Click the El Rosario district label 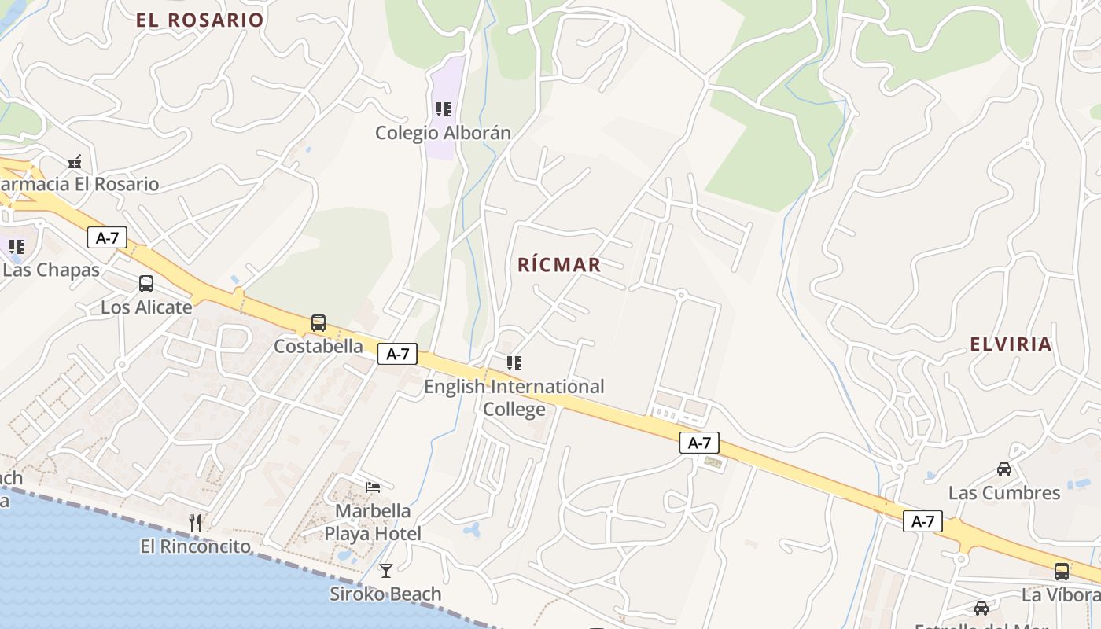point(200,20)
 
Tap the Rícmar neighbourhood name point(559,265)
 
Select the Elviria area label point(1011,344)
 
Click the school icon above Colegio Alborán point(444,109)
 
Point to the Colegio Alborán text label point(443,133)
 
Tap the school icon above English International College point(514,363)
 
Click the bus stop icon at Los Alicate point(146,284)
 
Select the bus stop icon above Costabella point(319,323)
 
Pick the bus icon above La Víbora point(1062,572)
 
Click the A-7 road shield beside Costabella point(398,354)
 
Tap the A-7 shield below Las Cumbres point(922,520)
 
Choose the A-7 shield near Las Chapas point(107,237)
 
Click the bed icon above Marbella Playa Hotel point(373,487)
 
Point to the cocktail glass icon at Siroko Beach point(385,571)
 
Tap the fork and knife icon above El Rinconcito point(195,522)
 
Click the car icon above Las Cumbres point(1004,469)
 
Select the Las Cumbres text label point(1004,493)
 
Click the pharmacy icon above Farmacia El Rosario point(75,162)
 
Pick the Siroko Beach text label point(385,594)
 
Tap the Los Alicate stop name point(146,307)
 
